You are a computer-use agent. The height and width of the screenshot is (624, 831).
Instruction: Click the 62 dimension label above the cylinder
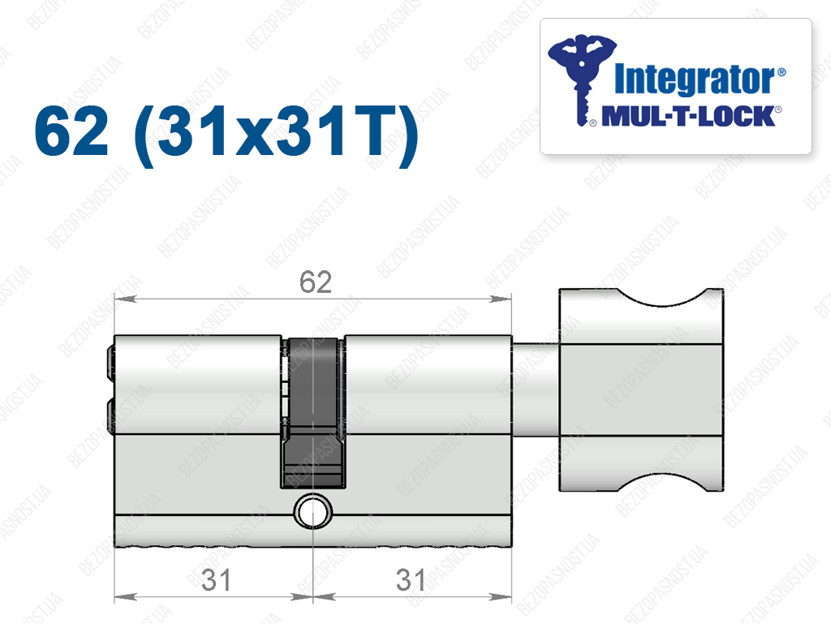[316, 282]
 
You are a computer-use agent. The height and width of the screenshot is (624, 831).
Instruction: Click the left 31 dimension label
[216, 579]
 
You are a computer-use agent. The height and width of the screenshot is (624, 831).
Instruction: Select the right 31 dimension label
[411, 579]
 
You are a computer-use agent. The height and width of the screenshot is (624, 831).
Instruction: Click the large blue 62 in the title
[71, 131]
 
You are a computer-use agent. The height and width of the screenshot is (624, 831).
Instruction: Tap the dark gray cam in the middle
[313, 412]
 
